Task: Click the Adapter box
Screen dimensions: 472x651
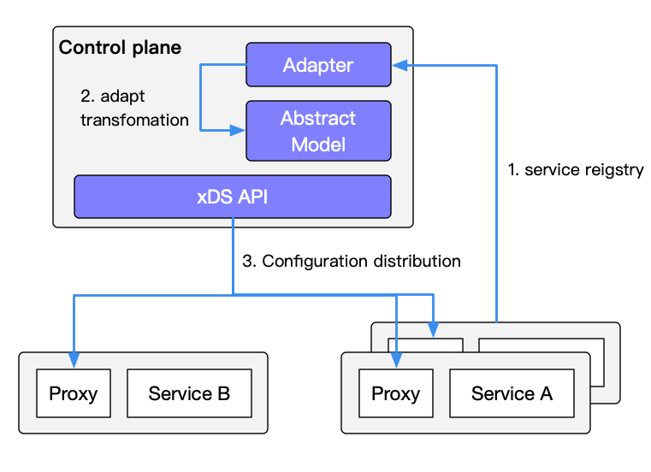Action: pos(318,66)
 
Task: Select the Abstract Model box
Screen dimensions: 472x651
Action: pos(318,131)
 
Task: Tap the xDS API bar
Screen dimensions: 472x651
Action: pos(233,196)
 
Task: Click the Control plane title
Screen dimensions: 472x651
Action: pos(120,48)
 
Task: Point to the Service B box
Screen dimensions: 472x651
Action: pos(189,393)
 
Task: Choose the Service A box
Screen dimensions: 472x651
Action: pos(512,393)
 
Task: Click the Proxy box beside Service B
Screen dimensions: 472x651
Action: pos(74,393)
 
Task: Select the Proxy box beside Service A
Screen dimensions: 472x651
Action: pos(395,393)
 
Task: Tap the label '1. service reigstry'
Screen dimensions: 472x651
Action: pos(575,170)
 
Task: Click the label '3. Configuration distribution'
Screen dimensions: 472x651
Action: pos(352,261)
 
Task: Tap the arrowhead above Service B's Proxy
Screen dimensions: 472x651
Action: pos(74,362)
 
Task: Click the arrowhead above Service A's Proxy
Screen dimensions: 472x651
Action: pos(395,362)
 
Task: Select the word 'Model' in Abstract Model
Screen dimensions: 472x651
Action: pos(318,144)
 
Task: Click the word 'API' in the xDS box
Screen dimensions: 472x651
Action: pos(253,196)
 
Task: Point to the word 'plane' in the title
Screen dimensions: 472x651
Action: pos(157,48)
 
